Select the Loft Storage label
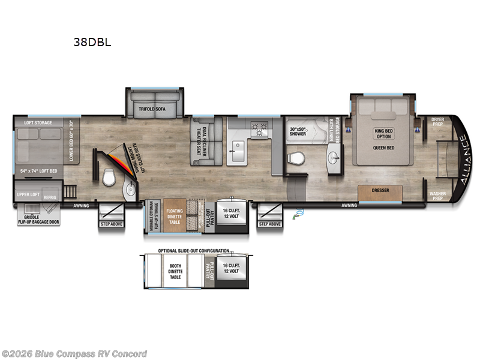click(x=38, y=122)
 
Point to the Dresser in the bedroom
click(x=380, y=191)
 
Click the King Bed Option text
click(x=383, y=133)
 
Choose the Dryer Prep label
click(x=437, y=122)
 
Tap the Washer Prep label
click(x=437, y=196)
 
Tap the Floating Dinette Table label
click(x=175, y=215)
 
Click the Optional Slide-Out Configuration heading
click(x=193, y=250)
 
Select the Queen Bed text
click(x=383, y=147)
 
